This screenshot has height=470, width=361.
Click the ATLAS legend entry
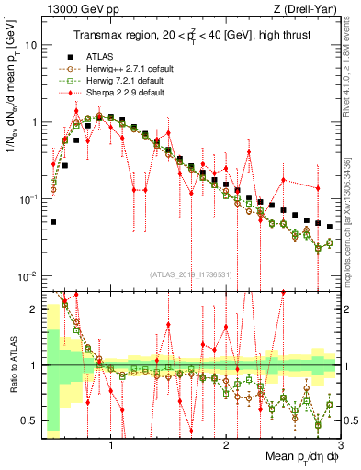pyautogui.click(x=99, y=56)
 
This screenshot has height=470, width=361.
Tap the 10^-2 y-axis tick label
pyautogui.click(x=28, y=276)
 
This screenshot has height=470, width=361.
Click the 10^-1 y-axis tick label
pyautogui.click(x=28, y=199)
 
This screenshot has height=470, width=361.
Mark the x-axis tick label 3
pyautogui.click(x=340, y=448)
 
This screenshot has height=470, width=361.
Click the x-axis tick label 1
pyautogui.click(x=111, y=448)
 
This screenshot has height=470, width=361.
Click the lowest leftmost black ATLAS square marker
pyautogui.click(x=53, y=222)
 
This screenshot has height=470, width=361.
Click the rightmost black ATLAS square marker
pyautogui.click(x=330, y=226)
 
